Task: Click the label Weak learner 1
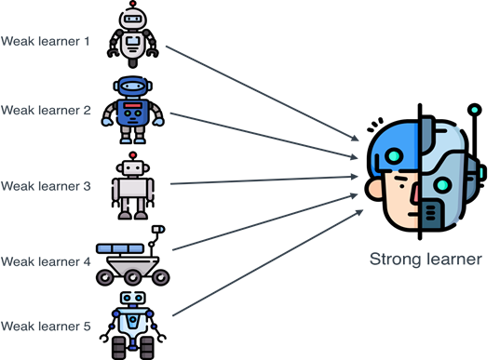pyautogui.click(x=45, y=41)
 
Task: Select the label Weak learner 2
pyautogui.click(x=45, y=110)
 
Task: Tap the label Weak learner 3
pyautogui.click(x=45, y=186)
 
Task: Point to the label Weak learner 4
pyautogui.click(x=45, y=262)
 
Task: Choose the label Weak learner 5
pyautogui.click(x=45, y=326)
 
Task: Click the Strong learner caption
pyautogui.click(x=426, y=260)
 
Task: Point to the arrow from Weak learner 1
pyautogui.click(x=261, y=93)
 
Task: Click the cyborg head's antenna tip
pyautogui.click(x=475, y=109)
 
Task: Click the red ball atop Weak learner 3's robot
pyautogui.click(x=133, y=155)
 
